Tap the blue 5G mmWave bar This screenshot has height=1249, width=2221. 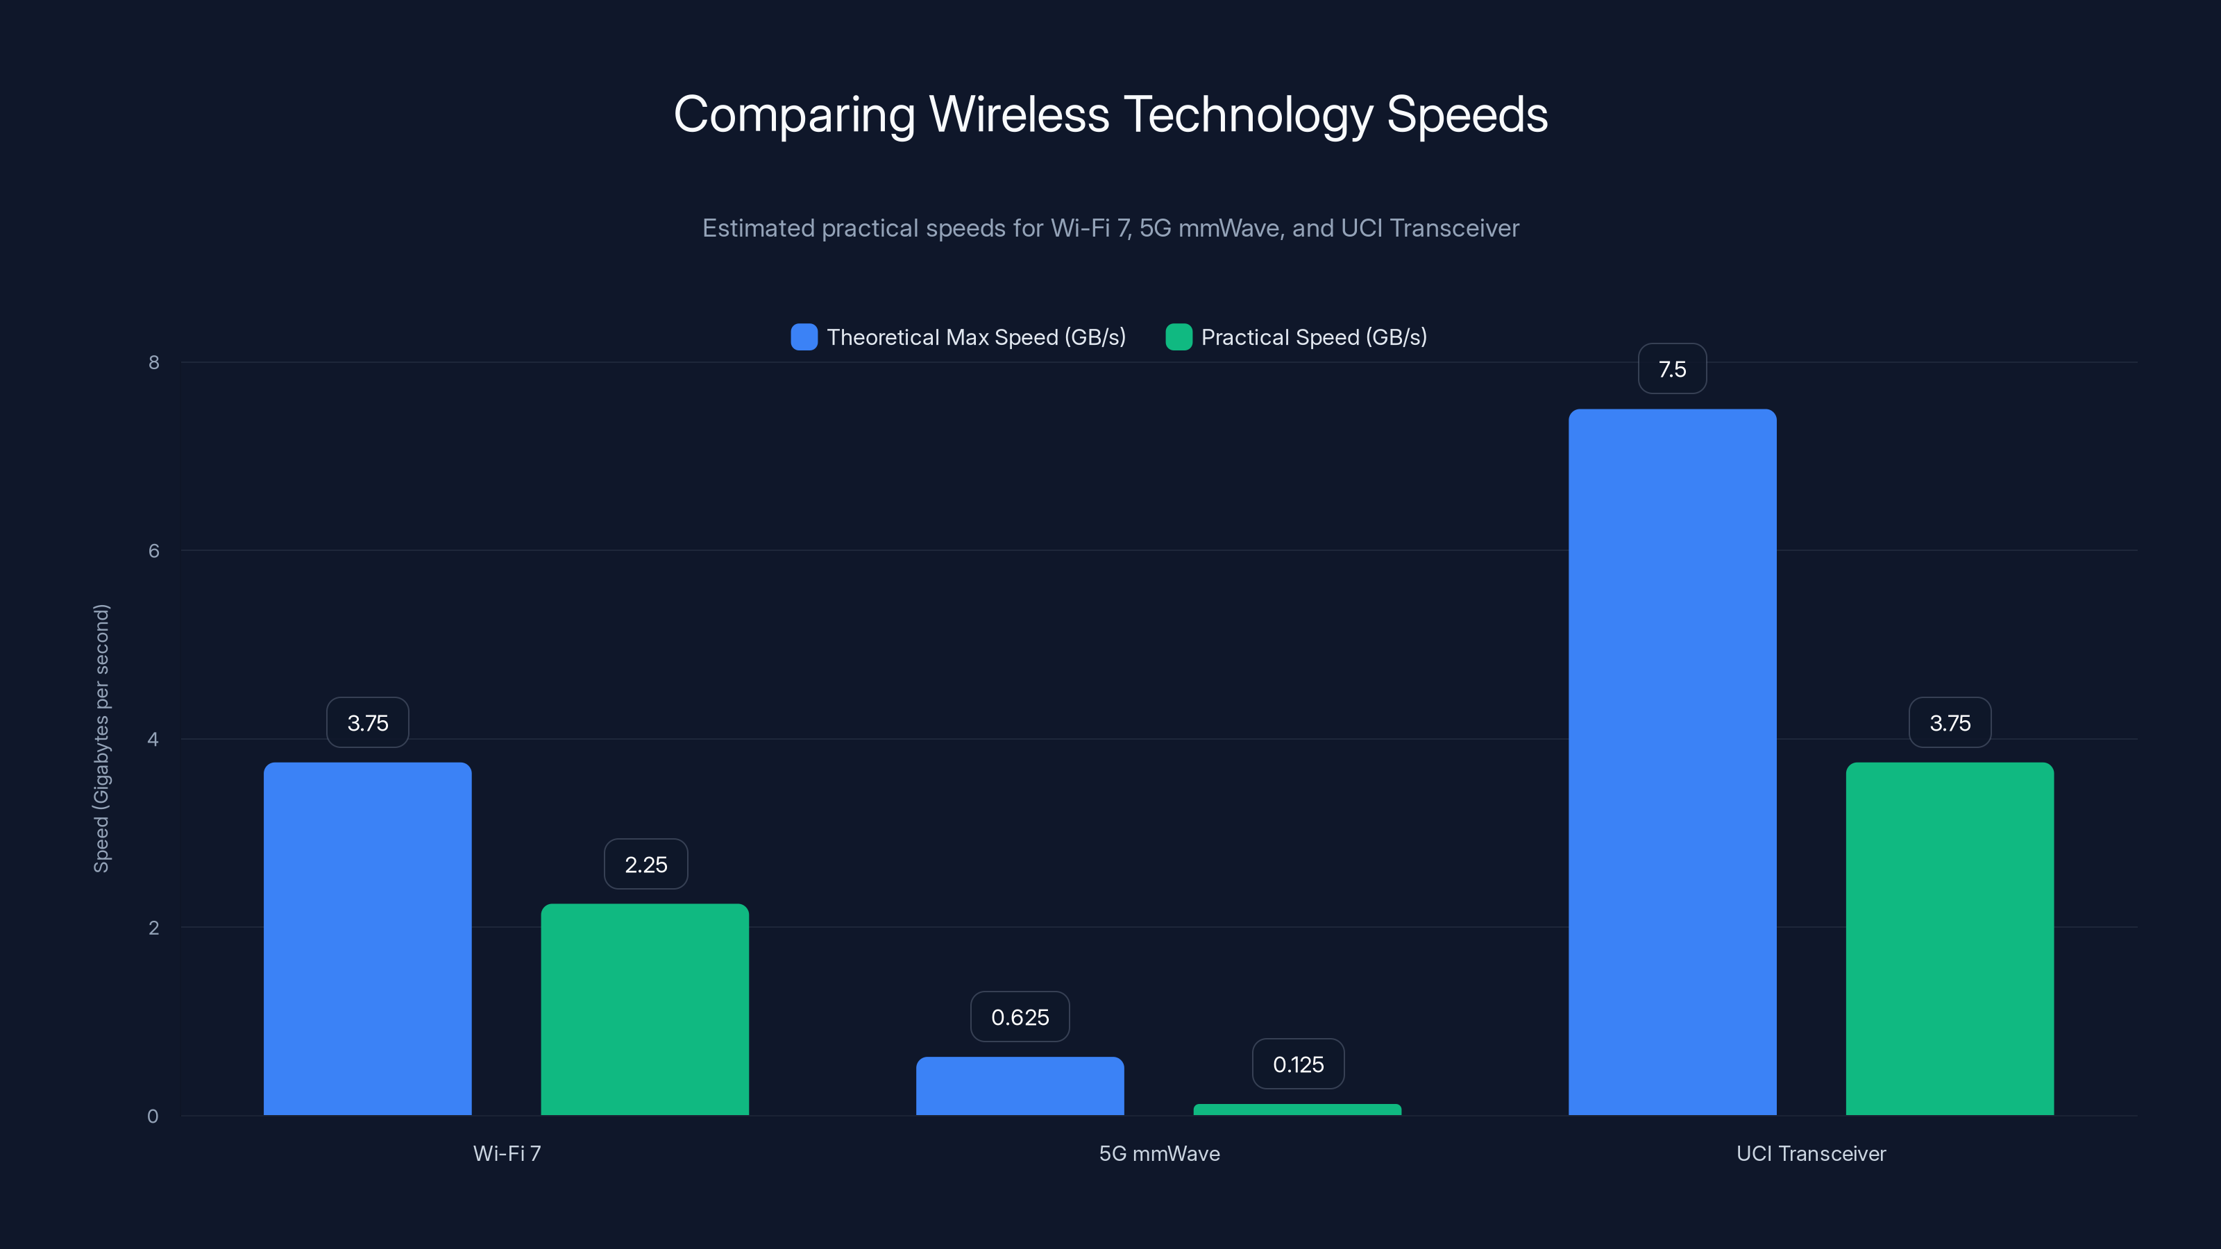[1020, 1085]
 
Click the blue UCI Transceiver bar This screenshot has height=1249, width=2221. [1672, 762]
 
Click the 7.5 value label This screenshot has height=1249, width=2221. [1672, 369]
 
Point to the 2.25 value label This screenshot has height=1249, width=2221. [645, 864]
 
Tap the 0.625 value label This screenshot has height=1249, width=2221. [1020, 1017]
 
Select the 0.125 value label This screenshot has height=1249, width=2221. [1298, 1064]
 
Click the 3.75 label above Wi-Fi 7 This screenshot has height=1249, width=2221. [367, 722]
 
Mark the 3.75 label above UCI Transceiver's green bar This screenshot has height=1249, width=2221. [1950, 722]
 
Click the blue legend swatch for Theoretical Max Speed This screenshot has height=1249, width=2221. [804, 337]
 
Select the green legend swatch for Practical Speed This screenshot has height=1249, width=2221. [1179, 337]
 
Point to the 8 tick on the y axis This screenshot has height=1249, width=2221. [153, 362]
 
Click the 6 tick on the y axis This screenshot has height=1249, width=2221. [153, 551]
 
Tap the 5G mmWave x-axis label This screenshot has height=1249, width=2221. [1159, 1153]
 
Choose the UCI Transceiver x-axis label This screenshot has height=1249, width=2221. [1811, 1153]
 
